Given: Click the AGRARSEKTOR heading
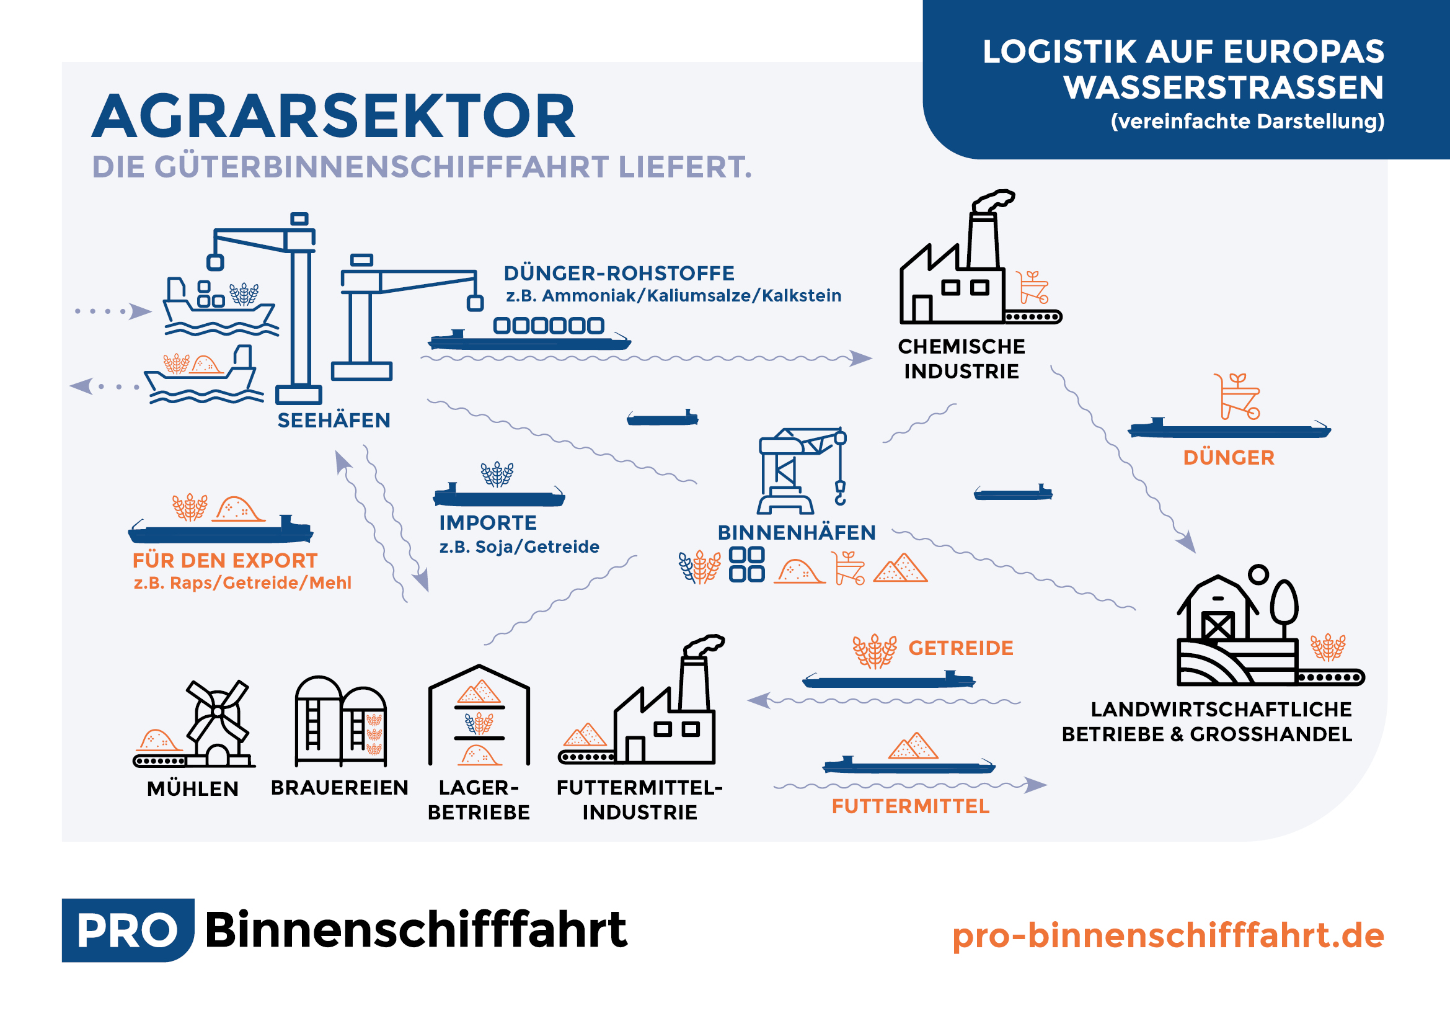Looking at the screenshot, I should (x=334, y=116).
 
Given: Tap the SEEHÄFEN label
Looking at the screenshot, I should (x=334, y=421).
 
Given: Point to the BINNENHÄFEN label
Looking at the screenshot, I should (x=797, y=533).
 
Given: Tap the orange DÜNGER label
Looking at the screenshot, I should (x=1228, y=457).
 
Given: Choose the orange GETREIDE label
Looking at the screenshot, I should (x=960, y=648).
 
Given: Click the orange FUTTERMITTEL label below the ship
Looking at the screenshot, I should (x=910, y=807).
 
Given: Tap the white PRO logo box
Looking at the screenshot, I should (x=128, y=930).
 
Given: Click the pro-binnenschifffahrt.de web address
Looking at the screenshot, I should (x=1168, y=935).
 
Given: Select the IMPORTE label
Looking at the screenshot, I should (x=487, y=523).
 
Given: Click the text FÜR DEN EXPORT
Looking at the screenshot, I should (x=225, y=560).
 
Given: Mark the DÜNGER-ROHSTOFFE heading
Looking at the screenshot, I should (x=619, y=274).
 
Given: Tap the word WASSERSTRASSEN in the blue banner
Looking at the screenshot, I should (x=1223, y=87).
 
